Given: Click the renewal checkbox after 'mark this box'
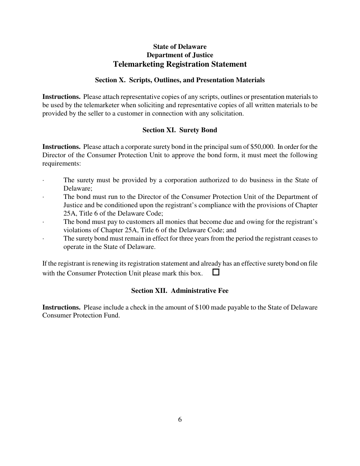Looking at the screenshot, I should point(216,272).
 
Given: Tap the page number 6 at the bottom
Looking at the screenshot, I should point(180,419).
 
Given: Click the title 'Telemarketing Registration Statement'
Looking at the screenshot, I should point(180,64).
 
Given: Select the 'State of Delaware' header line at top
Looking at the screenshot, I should point(180,47).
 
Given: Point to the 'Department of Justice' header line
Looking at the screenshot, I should point(180,55).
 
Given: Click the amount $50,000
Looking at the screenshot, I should point(262,147).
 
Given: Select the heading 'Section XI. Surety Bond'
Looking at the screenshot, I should point(180,130).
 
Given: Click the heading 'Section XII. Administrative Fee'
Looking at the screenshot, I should point(180,291).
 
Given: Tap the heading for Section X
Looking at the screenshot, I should point(180,80).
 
